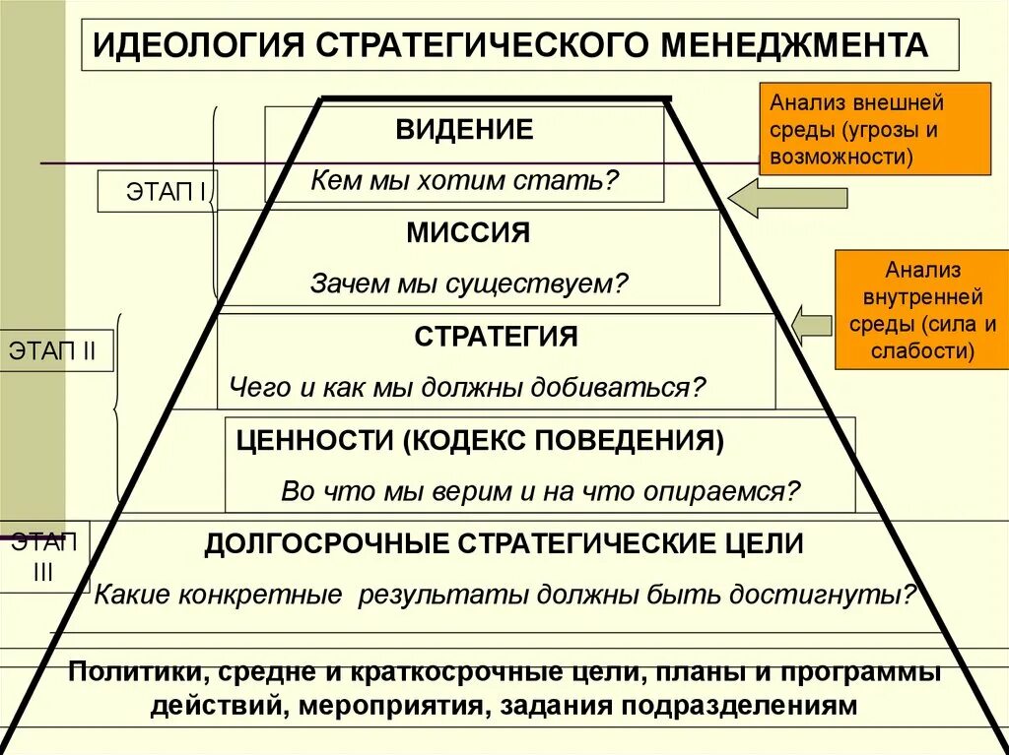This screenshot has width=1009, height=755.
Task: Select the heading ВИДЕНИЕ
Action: click(465, 129)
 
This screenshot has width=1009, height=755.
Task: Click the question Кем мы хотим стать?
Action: click(465, 180)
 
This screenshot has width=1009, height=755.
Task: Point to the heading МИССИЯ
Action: click(468, 233)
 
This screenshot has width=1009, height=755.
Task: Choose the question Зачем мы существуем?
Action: click(469, 285)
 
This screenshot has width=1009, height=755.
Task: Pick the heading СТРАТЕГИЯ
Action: click(496, 337)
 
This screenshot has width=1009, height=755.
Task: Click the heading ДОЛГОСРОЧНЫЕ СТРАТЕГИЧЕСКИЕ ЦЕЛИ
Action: click(504, 543)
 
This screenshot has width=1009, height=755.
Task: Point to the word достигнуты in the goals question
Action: click(845, 595)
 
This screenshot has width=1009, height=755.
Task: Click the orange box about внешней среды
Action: click(875, 129)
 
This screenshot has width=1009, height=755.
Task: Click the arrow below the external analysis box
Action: click(788, 198)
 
